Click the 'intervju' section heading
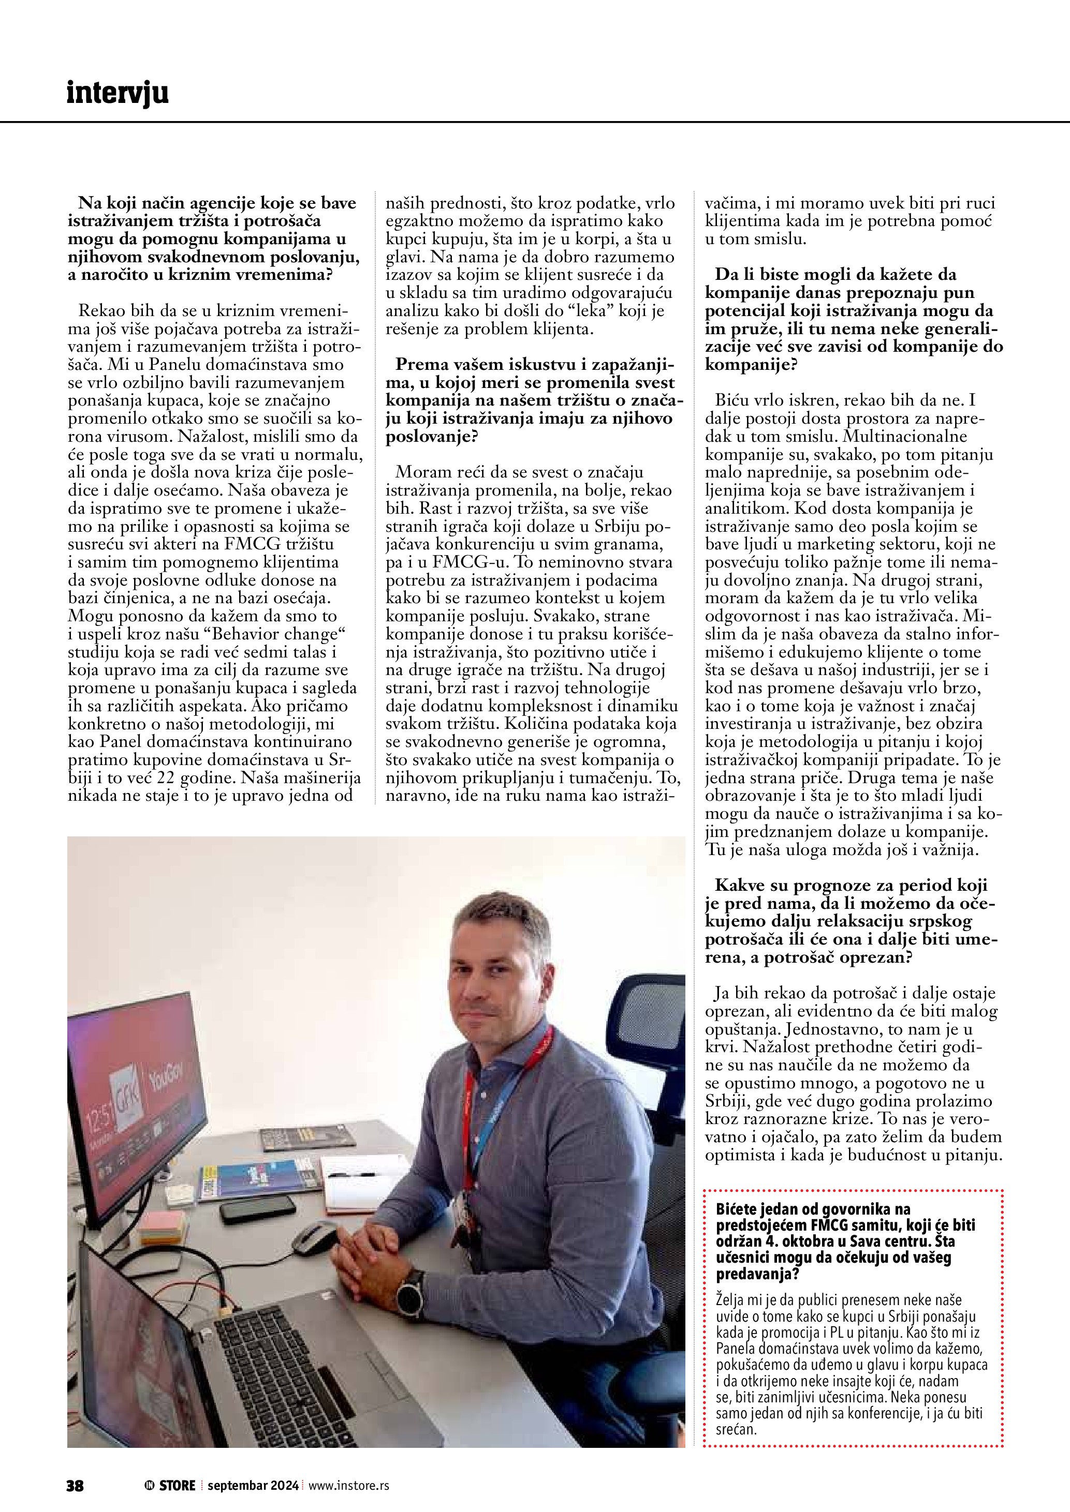coord(118,93)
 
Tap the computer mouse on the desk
coord(314,1239)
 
